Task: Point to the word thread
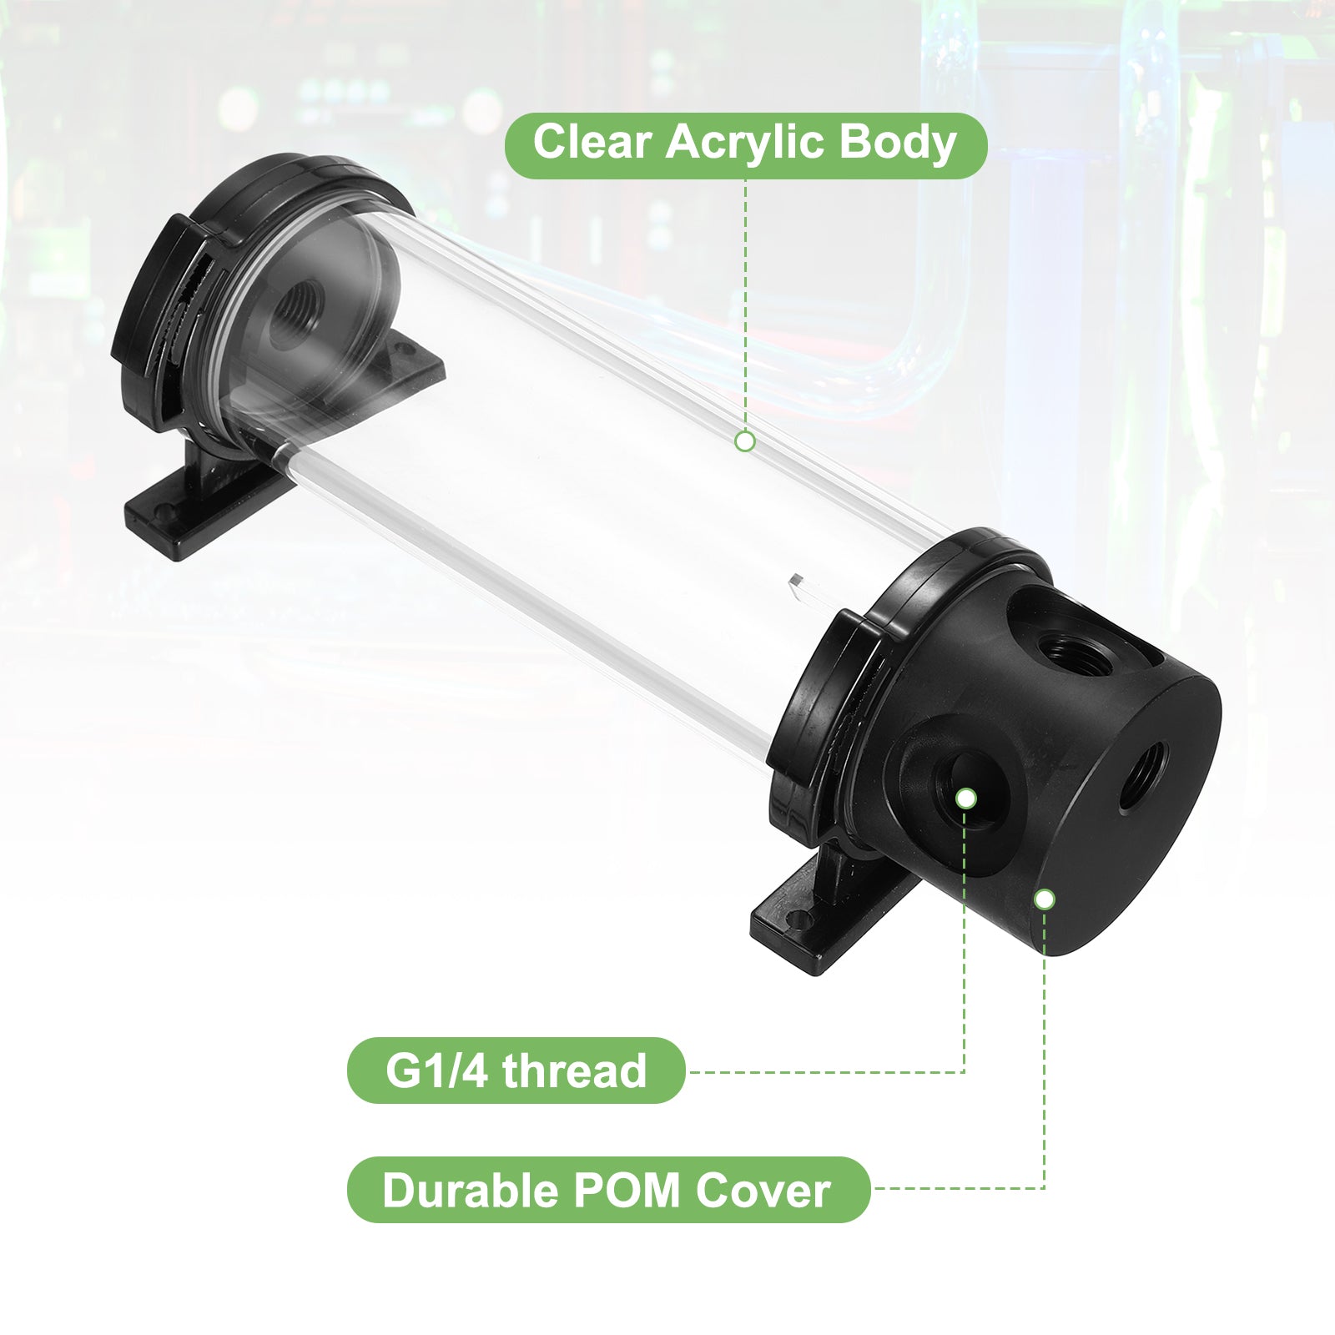coord(574,1071)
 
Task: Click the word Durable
coord(470,1190)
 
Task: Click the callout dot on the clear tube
coord(745,441)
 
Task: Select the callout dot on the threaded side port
coord(965,798)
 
